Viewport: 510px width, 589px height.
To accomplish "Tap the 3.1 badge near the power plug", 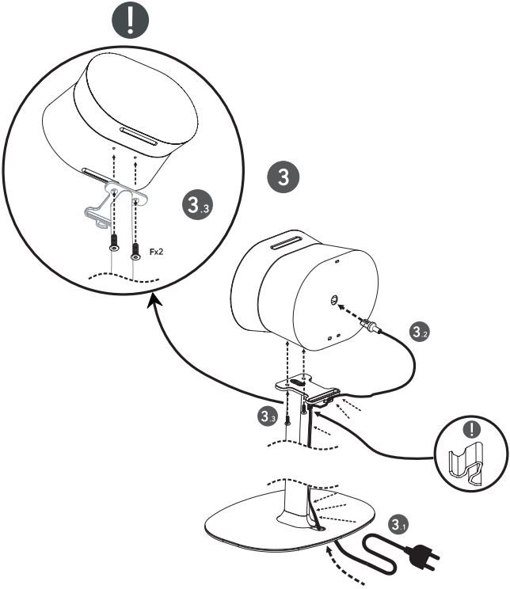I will [x=398, y=524].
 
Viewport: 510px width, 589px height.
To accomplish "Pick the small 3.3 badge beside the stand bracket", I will [x=268, y=414].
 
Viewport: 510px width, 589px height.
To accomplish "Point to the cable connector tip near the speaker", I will [x=367, y=322].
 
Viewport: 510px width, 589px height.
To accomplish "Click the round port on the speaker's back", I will [x=333, y=301].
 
